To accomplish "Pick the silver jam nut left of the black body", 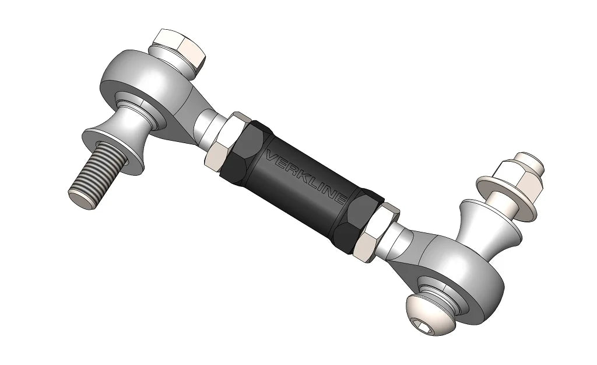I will (x=228, y=141).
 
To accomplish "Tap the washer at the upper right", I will (x=500, y=193).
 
